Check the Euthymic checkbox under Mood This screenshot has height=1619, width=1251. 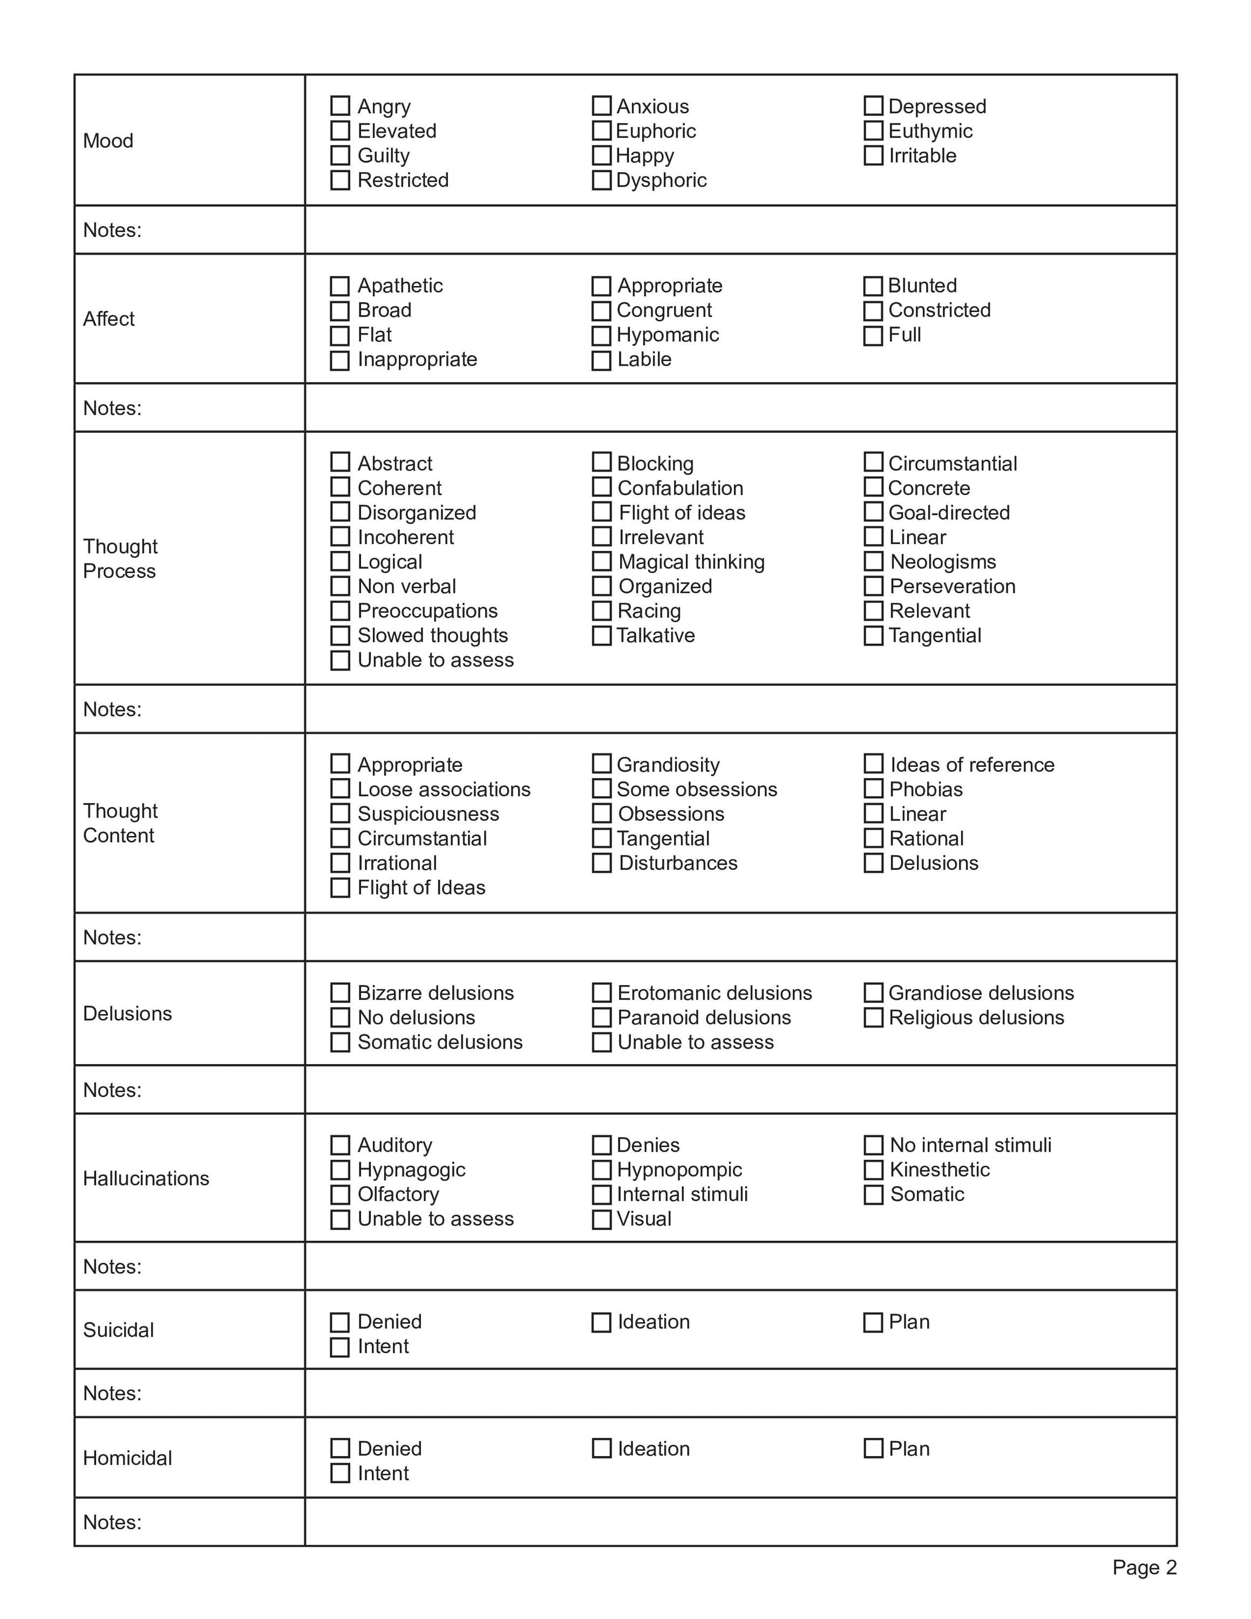click(x=873, y=131)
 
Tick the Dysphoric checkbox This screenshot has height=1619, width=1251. click(x=601, y=180)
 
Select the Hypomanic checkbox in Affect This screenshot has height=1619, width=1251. click(x=601, y=335)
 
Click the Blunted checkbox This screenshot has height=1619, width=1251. click(x=873, y=285)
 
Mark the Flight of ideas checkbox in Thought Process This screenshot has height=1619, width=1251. click(x=601, y=512)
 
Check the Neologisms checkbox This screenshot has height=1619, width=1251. click(x=873, y=561)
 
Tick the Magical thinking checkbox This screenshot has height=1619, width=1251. click(x=601, y=561)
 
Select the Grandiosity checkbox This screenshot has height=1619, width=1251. click(x=601, y=764)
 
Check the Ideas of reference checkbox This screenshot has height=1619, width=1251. click(x=873, y=764)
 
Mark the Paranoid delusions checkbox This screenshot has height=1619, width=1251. click(x=601, y=1017)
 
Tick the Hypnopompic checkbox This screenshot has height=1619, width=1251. click(x=601, y=1170)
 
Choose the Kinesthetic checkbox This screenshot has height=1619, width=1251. click(x=873, y=1170)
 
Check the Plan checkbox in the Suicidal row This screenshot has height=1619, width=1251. click(x=873, y=1323)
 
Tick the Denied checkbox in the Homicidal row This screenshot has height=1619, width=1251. click(x=339, y=1448)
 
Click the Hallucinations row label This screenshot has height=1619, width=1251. click(x=146, y=1179)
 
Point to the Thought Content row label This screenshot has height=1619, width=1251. click(x=120, y=823)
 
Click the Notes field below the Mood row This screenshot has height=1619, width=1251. click(x=739, y=230)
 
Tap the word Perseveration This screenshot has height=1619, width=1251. click(x=953, y=587)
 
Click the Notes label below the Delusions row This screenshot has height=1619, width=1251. click(x=112, y=1090)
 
